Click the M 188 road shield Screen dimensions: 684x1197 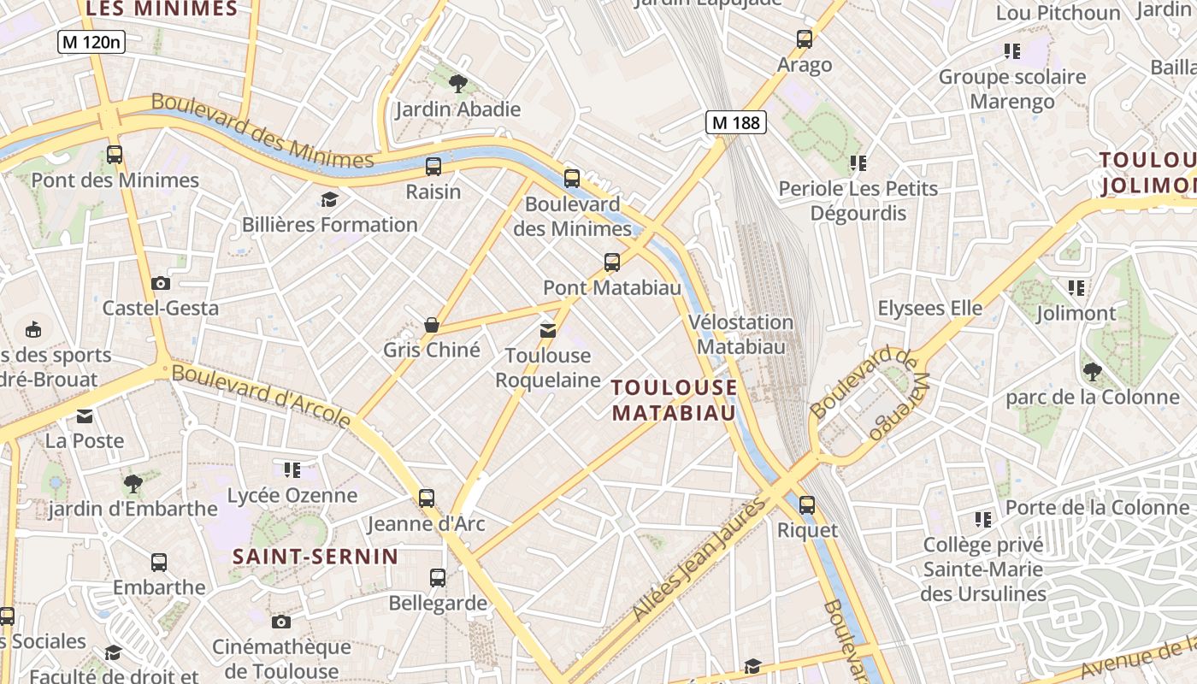(x=735, y=122)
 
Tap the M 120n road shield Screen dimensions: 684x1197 (x=91, y=42)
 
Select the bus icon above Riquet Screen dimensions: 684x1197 (x=806, y=505)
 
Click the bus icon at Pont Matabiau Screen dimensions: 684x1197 (x=611, y=262)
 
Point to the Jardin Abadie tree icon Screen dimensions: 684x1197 (x=457, y=83)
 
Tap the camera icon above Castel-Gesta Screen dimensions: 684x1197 (x=160, y=283)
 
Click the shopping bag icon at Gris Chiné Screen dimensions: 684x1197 (x=432, y=325)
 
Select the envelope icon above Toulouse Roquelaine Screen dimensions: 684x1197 (x=547, y=330)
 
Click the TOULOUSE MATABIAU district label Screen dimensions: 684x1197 (x=675, y=400)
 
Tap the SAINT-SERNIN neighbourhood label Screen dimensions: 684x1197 (x=315, y=557)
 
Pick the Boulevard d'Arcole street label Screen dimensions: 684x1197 (x=262, y=396)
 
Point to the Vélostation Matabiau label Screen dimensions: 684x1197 (x=741, y=334)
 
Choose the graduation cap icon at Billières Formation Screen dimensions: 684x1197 (x=329, y=200)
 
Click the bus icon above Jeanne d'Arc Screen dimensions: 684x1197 (x=426, y=498)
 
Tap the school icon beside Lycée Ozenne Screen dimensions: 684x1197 (x=292, y=469)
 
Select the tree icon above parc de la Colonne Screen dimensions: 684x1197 (x=1092, y=371)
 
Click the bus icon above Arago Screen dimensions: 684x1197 (x=804, y=38)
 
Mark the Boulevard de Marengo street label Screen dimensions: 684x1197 (x=869, y=392)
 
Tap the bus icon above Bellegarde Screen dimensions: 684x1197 (x=438, y=578)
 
